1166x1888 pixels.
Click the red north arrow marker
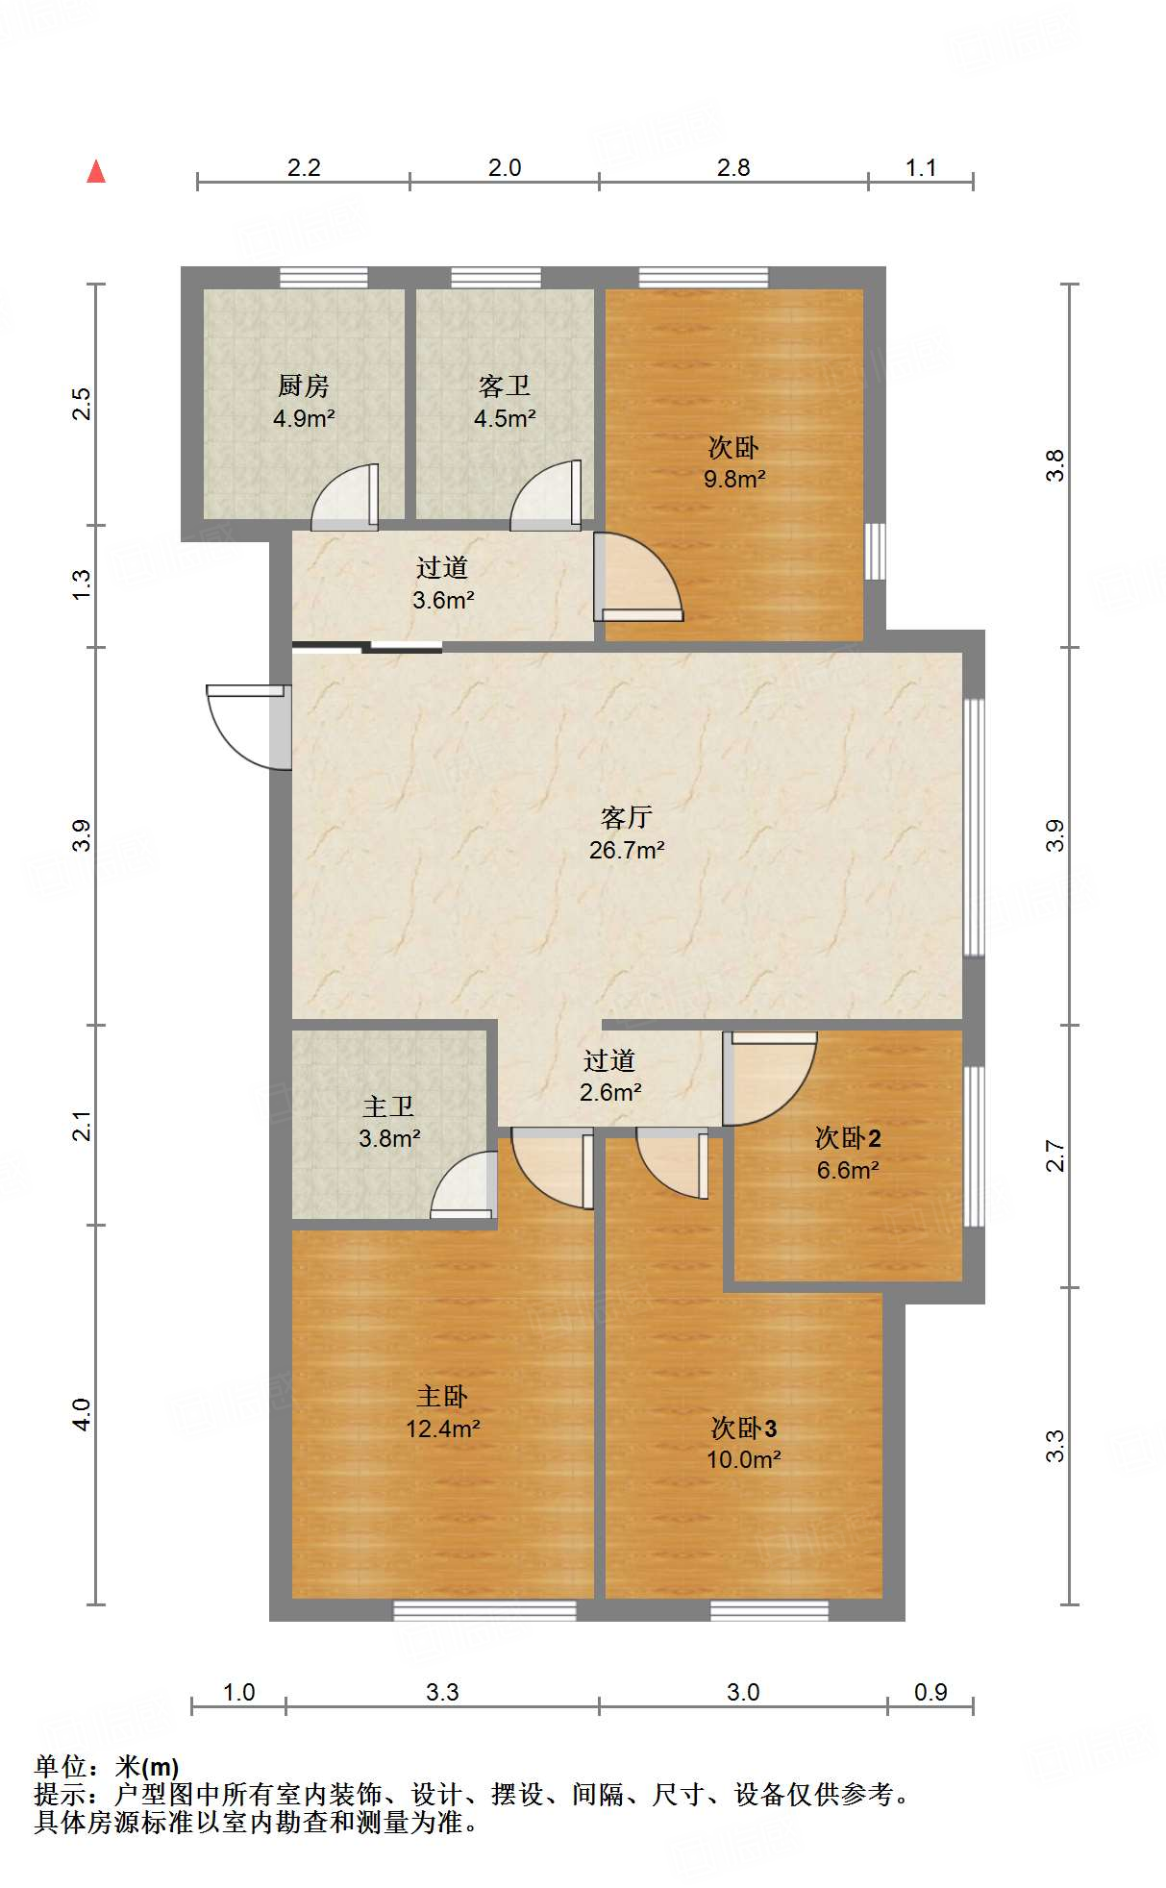click(x=96, y=172)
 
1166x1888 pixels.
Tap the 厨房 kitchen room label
click(x=303, y=386)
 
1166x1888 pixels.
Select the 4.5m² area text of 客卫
click(x=504, y=419)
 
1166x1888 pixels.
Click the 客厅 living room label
click(x=626, y=818)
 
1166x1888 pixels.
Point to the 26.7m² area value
click(x=627, y=850)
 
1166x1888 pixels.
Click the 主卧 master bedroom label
click(x=441, y=1397)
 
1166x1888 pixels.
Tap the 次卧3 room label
click(x=743, y=1428)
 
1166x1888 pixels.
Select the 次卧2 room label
click(x=848, y=1138)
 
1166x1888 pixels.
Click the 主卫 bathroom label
click(x=388, y=1107)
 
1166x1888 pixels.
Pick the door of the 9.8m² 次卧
click(x=636, y=577)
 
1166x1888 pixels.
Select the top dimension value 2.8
click(x=732, y=168)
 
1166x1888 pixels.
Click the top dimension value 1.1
click(x=920, y=168)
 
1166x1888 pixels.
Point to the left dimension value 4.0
click(x=83, y=1414)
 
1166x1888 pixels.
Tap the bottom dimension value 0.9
click(x=930, y=1693)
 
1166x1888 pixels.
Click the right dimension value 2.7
click(x=1055, y=1155)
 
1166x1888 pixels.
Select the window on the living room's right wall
click(x=974, y=827)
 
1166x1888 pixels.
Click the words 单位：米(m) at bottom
click(x=107, y=1767)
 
